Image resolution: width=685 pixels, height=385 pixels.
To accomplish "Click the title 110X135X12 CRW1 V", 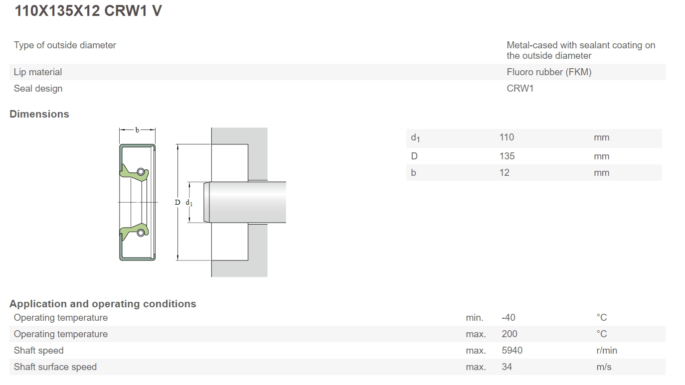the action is point(88,10).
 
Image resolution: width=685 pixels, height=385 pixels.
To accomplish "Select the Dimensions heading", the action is point(39,114).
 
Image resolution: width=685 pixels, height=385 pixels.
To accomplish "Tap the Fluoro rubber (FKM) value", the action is point(549,72).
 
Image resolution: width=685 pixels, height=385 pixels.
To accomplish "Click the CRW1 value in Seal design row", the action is point(520,88).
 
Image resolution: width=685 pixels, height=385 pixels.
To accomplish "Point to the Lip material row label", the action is point(37,72).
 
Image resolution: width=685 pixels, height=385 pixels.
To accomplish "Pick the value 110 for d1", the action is point(507,137).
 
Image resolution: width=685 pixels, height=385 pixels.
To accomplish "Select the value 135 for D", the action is point(507,156).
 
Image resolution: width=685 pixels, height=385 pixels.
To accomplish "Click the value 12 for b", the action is point(504,173).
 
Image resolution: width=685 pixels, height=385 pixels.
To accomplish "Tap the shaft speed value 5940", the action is point(512,351).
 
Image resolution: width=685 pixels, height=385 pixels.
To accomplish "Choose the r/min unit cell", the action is point(606,351).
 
